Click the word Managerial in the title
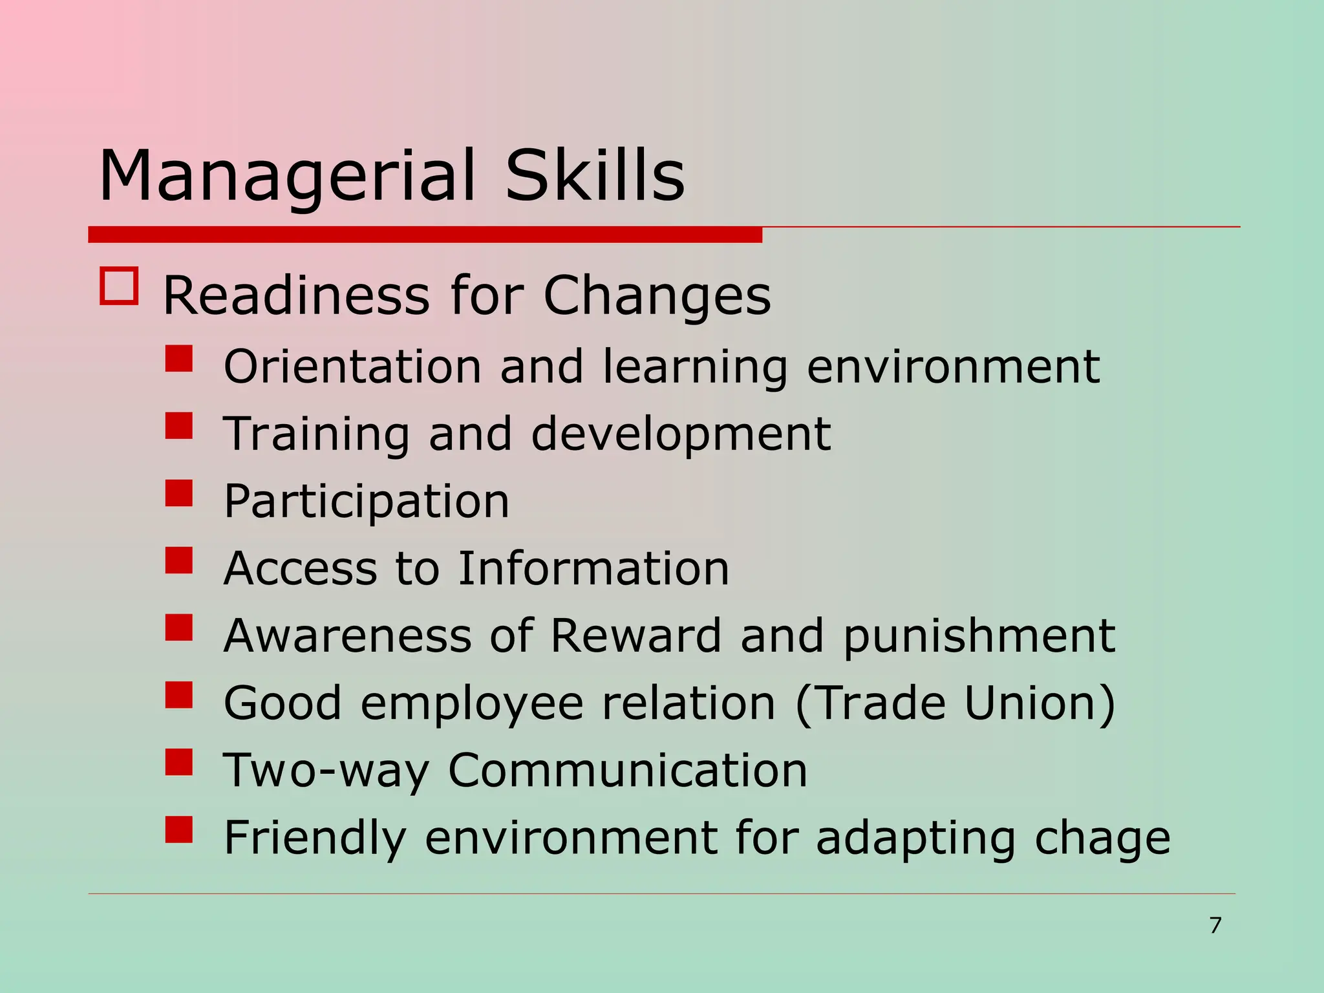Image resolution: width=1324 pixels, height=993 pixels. [286, 176]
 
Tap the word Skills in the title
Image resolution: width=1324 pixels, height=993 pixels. [594, 175]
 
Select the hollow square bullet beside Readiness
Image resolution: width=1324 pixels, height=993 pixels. [119, 286]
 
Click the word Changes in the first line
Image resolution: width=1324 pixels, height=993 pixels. [657, 295]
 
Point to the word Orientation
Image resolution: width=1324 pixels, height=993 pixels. [352, 367]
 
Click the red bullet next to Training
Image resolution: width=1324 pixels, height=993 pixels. [179, 426]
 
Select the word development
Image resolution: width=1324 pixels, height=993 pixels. [681, 434]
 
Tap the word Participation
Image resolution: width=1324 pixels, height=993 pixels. [367, 502]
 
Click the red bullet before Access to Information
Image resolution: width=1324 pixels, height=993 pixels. [179, 561]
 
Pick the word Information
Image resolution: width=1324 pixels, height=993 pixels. [593, 568]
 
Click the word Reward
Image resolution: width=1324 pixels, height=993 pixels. [635, 635]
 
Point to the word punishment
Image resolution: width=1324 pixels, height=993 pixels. [979, 637]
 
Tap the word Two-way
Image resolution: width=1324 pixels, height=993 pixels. [326, 771]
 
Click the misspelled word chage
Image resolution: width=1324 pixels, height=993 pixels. [1102, 838]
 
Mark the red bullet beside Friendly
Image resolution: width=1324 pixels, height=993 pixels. [179, 829]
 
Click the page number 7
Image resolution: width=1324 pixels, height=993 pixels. [1215, 925]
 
